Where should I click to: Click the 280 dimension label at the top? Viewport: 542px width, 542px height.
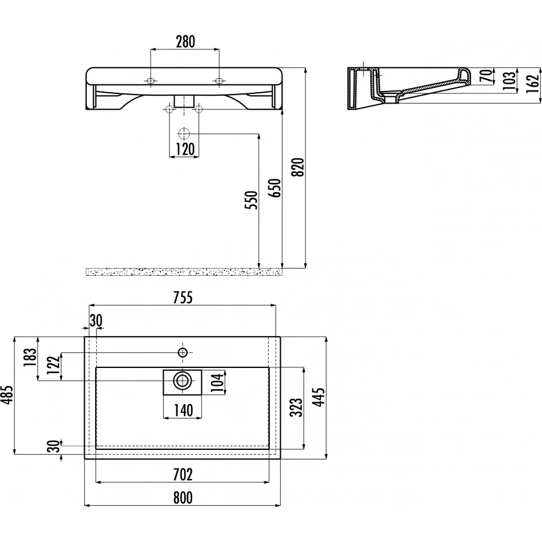pos(185,42)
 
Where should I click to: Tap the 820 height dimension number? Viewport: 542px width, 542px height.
pos(298,167)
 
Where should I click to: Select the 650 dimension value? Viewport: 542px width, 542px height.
pos(275,188)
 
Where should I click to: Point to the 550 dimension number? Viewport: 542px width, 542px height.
pos(251,200)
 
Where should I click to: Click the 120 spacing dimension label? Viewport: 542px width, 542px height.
pos(185,149)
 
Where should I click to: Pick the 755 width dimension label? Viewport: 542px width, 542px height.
pos(183,297)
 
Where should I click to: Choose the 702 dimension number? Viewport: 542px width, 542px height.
pos(183,475)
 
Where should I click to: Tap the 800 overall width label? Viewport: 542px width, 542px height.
pos(183,498)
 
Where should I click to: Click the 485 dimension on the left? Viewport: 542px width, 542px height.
pos(7,394)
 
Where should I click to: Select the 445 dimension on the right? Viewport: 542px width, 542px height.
pos(320,397)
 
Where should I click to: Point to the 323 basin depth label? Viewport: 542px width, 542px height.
pos(296,407)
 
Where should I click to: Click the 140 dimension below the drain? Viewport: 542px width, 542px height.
pos(183,410)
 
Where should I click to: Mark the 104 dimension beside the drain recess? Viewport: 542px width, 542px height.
pos(217,382)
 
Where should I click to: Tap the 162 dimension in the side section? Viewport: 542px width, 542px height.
pos(534,84)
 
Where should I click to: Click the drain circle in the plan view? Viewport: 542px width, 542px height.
pos(182,381)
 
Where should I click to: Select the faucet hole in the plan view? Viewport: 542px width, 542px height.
pos(182,352)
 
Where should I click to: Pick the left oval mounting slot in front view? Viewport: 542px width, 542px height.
pos(151,81)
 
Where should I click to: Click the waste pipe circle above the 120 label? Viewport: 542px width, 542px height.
pos(184,133)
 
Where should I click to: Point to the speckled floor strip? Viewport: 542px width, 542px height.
pos(184,272)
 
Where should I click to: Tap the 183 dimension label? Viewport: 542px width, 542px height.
pos(31,358)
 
